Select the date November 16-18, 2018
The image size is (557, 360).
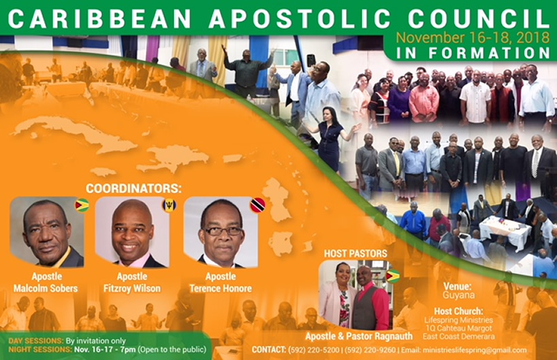pos(473,37)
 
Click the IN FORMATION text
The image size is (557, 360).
pos(473,53)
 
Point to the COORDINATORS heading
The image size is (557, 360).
pos(133,189)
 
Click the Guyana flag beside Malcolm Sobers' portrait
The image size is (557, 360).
pos(82,206)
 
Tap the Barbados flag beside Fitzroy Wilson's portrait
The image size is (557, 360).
pos(170,206)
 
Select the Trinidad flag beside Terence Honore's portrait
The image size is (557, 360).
pos(257,206)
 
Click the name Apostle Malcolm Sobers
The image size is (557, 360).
pos(46,282)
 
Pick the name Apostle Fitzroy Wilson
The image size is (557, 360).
pos(132,282)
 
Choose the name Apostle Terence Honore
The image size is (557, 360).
pos(221,282)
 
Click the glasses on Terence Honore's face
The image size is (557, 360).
pos(223,231)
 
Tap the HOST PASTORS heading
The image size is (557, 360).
pos(355,253)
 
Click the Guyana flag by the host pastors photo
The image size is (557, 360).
pos(392,276)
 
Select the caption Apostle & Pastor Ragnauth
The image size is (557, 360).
pos(359,336)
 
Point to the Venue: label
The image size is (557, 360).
pos(458,286)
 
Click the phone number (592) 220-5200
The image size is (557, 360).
pos(314,350)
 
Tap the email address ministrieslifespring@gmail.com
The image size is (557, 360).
pos(475,350)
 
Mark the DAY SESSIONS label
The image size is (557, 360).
pos(36,341)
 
